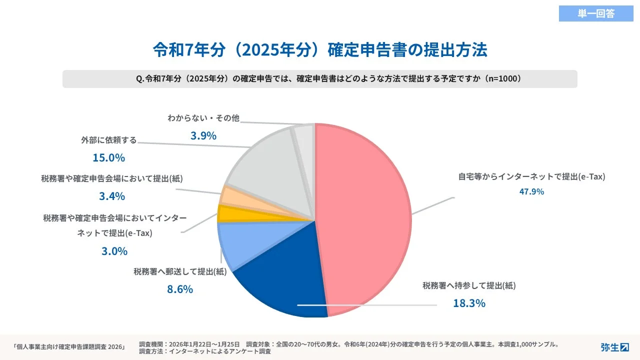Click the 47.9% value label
click(x=532, y=191)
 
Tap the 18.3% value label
click(x=469, y=303)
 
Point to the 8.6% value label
click(x=180, y=289)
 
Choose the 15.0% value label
click(x=108, y=158)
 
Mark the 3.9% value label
click(x=203, y=135)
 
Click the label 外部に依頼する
click(x=108, y=140)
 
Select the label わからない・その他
click(x=203, y=118)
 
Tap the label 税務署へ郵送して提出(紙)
click(x=180, y=271)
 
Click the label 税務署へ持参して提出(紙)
click(x=469, y=285)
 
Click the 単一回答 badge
click(x=596, y=13)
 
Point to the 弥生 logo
click(x=614, y=347)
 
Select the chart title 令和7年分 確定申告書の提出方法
click(x=320, y=50)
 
